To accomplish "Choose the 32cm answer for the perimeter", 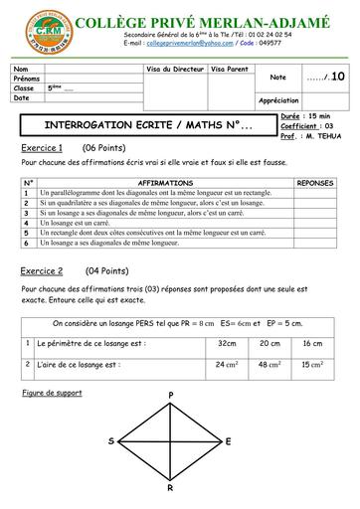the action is pos(225,343).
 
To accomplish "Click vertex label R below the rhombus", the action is pos(170,489).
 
